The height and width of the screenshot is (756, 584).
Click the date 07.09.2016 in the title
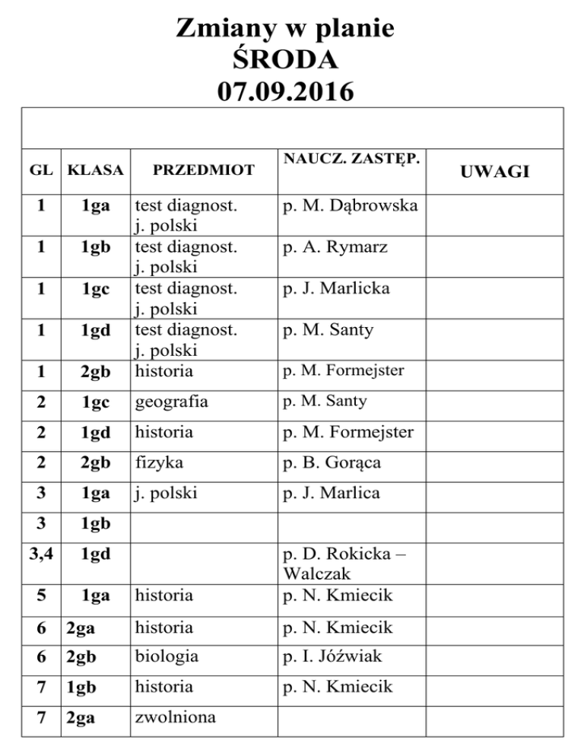(x=285, y=93)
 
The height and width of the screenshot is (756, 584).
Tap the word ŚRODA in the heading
(x=285, y=61)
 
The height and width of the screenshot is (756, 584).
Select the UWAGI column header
(x=497, y=173)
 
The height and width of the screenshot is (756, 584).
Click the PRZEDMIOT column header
(x=203, y=170)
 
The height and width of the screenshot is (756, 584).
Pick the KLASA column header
(x=95, y=170)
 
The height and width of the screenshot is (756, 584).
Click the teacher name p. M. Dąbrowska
(x=350, y=205)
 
